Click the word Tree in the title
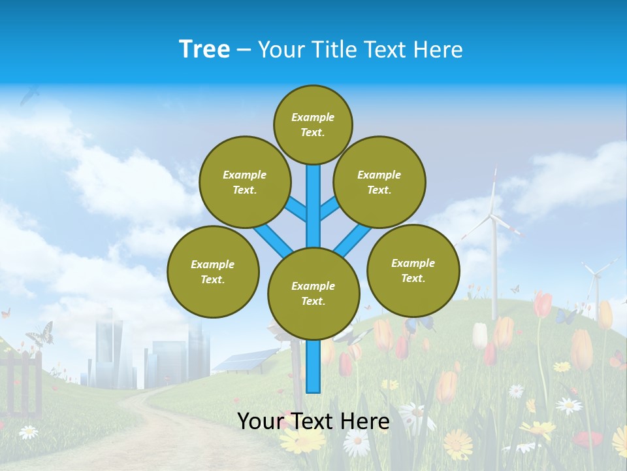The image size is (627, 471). (204, 49)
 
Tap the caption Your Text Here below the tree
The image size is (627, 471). (313, 421)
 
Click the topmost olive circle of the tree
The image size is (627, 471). (313, 124)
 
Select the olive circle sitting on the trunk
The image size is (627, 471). (313, 294)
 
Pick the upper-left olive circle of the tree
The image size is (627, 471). (244, 182)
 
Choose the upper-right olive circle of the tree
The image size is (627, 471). (379, 182)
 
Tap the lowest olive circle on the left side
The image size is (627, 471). (213, 271)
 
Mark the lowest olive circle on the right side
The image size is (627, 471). (413, 270)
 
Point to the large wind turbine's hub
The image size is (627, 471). (493, 217)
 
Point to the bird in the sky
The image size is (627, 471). (29, 96)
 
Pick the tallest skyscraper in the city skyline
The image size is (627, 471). (108, 350)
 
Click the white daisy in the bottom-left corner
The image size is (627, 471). (28, 432)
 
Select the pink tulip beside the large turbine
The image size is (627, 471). (542, 305)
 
